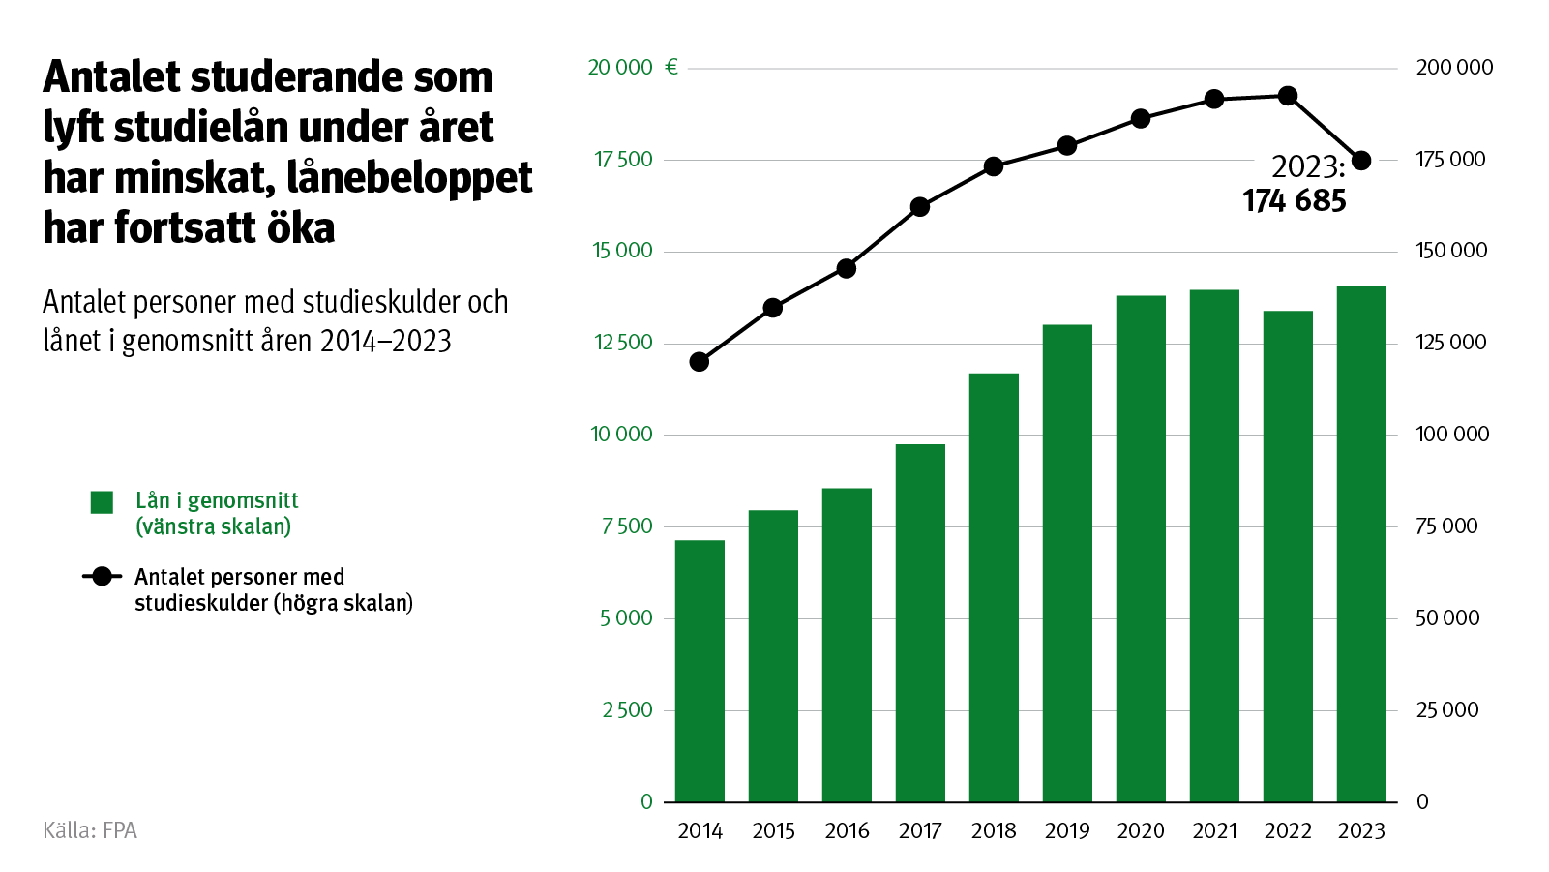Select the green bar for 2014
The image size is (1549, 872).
(700, 671)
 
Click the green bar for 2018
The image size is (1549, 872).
(994, 587)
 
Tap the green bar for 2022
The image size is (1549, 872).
(1288, 556)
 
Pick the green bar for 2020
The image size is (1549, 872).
(1141, 549)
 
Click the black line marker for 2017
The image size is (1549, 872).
(920, 207)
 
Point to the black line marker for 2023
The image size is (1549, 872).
(1361, 161)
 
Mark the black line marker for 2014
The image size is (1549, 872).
(700, 362)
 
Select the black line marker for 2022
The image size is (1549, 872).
(1288, 96)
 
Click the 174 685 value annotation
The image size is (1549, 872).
(1294, 201)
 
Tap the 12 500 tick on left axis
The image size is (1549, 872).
(623, 343)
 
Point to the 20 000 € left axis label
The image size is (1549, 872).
(632, 68)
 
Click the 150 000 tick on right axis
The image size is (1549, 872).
(1451, 251)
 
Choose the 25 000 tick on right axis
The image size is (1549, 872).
(1447, 710)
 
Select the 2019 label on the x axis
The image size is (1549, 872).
(1067, 831)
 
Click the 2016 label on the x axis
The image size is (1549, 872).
(847, 831)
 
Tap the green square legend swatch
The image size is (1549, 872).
(102, 502)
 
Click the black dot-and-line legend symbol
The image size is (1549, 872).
(102, 577)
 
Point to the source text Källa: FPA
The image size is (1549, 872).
(90, 830)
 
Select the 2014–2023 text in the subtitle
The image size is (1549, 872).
(385, 341)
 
